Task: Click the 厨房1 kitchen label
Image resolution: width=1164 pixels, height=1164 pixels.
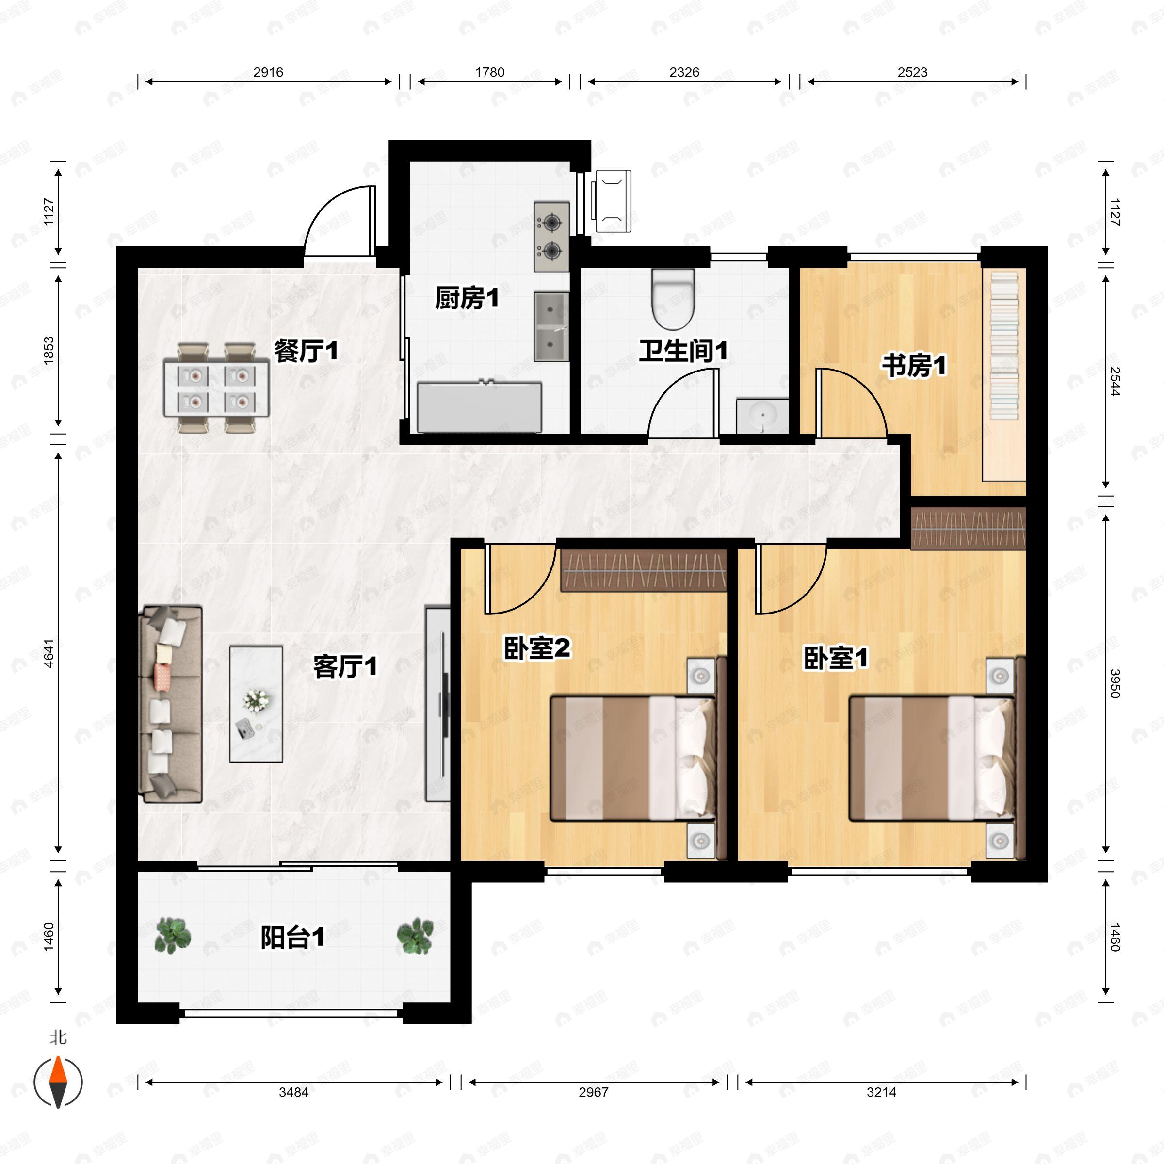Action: [x=467, y=298]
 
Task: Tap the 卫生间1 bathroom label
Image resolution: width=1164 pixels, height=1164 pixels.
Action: [x=683, y=351]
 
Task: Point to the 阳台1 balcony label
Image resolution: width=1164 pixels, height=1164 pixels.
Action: [x=293, y=937]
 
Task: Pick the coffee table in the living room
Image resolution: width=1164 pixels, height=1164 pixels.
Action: [x=256, y=704]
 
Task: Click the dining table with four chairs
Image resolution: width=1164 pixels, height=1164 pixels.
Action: [x=216, y=388]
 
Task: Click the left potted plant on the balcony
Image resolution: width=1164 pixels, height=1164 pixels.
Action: [x=173, y=936]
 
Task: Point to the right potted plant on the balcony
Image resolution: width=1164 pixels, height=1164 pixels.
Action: [x=415, y=936]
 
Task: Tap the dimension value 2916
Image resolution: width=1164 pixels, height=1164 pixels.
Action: [x=268, y=72]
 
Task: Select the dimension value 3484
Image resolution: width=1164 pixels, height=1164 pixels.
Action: [x=293, y=1092]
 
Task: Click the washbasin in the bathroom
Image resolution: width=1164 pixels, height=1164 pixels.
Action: [x=762, y=415]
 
